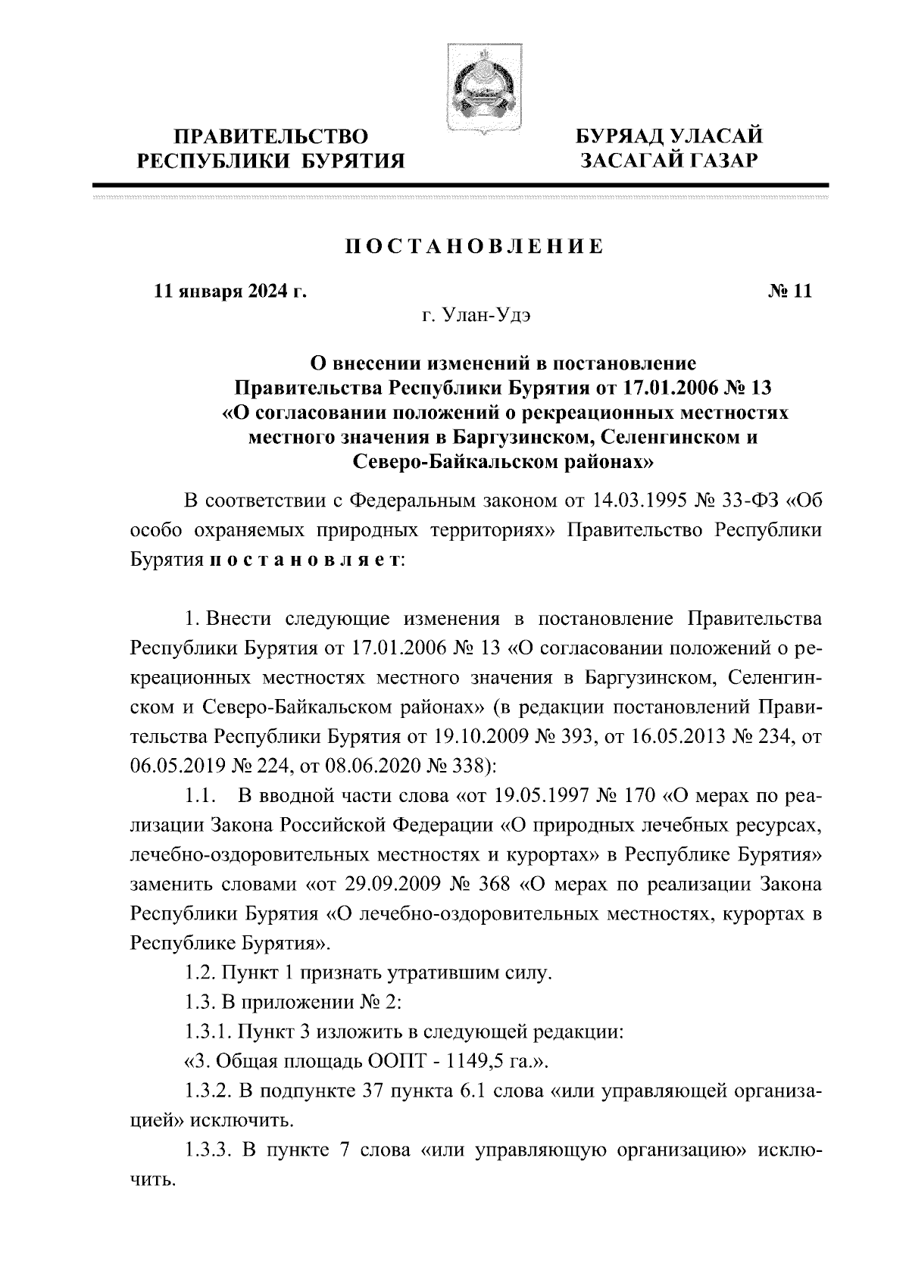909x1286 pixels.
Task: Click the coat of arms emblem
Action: point(476,90)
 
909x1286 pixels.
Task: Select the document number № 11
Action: point(789,292)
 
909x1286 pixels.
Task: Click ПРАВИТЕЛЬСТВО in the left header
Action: point(270,137)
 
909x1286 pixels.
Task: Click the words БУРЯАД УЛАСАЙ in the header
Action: point(668,137)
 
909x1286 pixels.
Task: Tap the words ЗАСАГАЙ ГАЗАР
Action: point(668,161)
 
